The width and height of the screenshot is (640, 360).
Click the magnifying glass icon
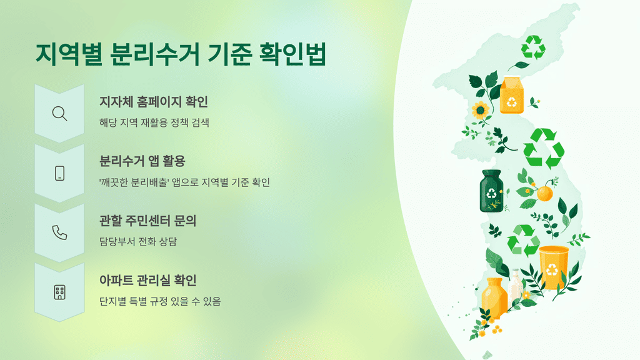(59, 114)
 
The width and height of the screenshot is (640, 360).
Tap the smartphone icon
(59, 173)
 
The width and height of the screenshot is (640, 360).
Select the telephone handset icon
(59, 232)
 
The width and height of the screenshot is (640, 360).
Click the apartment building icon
(59, 292)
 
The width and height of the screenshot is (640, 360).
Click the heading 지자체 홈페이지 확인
(154, 101)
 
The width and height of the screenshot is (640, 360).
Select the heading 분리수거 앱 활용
(142, 161)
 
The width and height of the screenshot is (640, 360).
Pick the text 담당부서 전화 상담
(138, 242)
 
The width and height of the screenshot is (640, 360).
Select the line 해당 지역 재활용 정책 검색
(154, 123)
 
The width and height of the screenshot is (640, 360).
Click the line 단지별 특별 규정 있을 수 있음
(160, 301)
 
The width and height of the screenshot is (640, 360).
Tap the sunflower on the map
(481, 111)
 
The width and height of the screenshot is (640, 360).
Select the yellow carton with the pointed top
(511, 95)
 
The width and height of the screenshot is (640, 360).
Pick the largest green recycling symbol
(543, 149)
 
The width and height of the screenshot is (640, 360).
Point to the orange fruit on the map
(544, 192)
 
